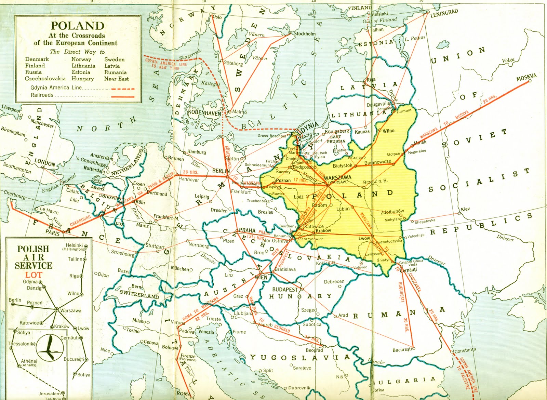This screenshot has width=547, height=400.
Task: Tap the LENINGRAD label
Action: pos(444,13)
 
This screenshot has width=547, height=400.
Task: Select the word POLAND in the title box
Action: pos(78,26)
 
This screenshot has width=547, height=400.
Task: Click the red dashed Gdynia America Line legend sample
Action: pos(122,89)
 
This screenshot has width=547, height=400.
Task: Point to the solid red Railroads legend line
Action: pos(122,96)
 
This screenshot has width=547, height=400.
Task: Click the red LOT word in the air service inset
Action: pos(33,275)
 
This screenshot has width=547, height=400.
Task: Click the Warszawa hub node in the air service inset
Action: pos(56,309)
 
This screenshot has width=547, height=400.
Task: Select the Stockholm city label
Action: pos(305,34)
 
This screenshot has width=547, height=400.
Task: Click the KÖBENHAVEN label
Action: pos(204,112)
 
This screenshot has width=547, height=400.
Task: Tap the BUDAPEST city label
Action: pos(285,289)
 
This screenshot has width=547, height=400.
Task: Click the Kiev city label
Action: pos(465,209)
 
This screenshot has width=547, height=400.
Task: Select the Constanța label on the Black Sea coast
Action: pos(465,350)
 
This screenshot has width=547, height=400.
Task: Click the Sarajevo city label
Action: pos(302,368)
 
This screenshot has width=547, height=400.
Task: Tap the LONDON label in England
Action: pos(45,163)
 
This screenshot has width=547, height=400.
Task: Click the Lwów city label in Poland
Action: pos(364,238)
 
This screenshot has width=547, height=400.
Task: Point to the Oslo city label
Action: pos(217,17)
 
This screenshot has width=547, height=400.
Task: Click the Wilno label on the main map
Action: pos(388,131)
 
